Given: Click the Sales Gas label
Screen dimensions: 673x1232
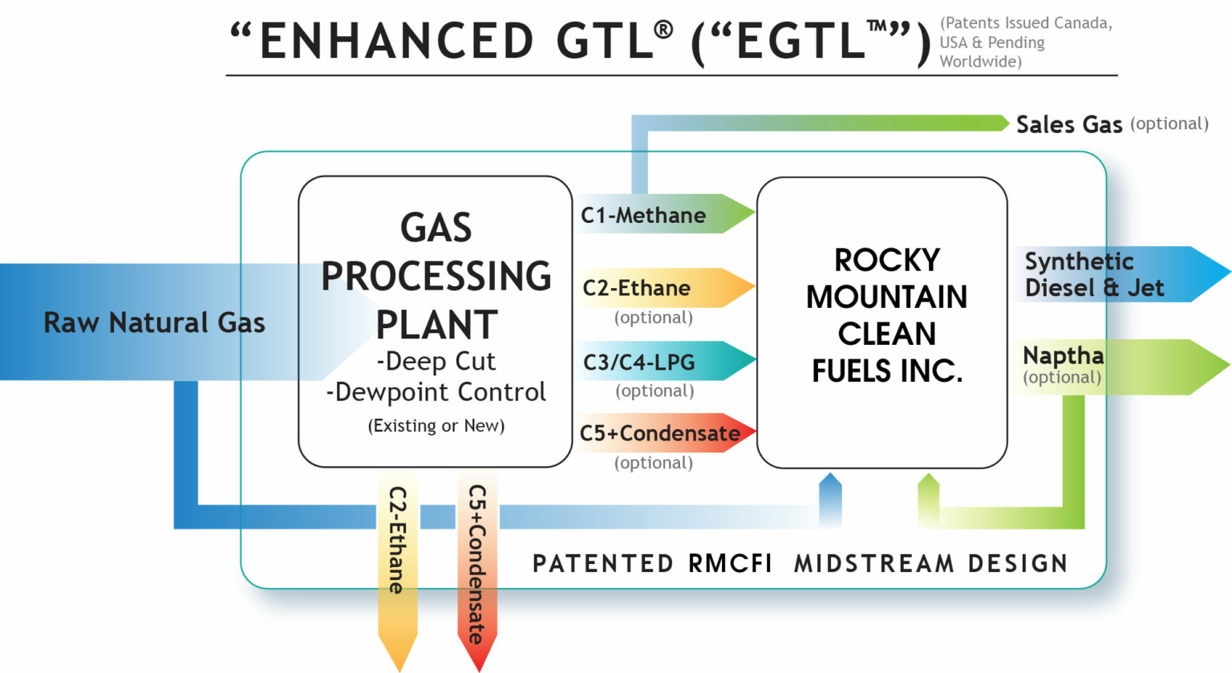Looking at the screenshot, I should pos(1068,124).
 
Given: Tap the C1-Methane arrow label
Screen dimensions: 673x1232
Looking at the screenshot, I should pos(643,215).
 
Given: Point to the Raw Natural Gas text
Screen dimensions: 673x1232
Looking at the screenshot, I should pos(154,322).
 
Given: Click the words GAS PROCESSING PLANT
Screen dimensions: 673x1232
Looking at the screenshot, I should pos(436,276).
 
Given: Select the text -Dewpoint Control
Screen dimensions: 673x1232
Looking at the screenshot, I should pos(436,392).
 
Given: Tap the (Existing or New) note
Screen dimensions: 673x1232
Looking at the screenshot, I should pos(436,426).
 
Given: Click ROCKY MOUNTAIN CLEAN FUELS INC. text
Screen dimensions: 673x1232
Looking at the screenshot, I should pos(886,315).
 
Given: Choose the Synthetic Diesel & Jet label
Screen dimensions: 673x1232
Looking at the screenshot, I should pos(1093,274).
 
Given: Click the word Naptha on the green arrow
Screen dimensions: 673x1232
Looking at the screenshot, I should pos(1063,355).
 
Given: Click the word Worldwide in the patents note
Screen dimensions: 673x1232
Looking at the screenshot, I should pos(980,62).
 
